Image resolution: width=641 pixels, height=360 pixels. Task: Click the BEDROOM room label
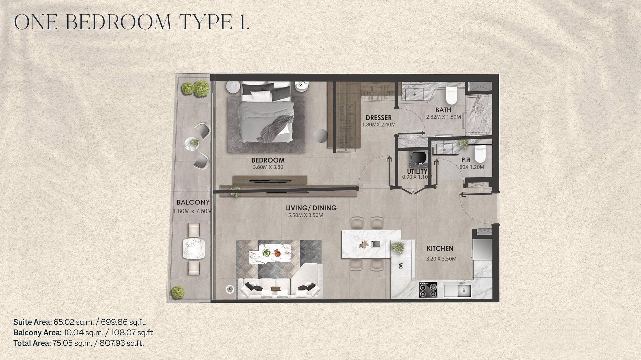pyautogui.click(x=268, y=160)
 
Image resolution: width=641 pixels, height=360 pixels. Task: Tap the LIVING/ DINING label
pyautogui.click(x=311, y=208)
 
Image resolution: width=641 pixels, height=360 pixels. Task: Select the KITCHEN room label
pyautogui.click(x=440, y=248)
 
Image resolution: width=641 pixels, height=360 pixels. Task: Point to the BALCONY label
pyautogui.click(x=193, y=202)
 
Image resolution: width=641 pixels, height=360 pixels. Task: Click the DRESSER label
pyautogui.click(x=378, y=118)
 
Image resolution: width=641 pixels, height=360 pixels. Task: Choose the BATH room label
pyautogui.click(x=443, y=110)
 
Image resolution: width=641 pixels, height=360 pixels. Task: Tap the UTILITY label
pyautogui.click(x=417, y=171)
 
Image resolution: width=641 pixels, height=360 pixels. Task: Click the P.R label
pyautogui.click(x=466, y=160)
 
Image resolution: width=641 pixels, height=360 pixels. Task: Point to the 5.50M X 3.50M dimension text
pyautogui.click(x=306, y=215)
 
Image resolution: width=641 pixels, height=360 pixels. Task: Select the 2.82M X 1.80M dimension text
pyautogui.click(x=443, y=117)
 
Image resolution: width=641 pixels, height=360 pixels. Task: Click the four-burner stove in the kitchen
pyautogui.click(x=428, y=290)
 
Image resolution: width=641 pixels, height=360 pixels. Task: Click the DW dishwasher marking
pyautogui.click(x=401, y=265)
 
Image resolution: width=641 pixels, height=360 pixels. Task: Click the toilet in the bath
pyautogui.click(x=451, y=95)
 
